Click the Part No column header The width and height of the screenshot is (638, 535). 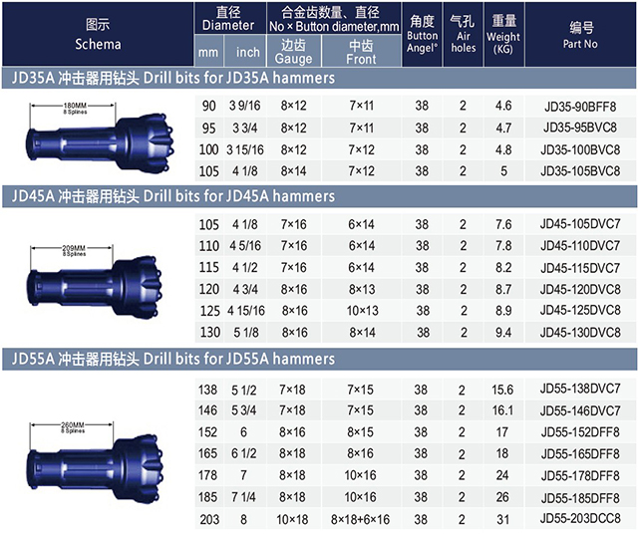[580, 35]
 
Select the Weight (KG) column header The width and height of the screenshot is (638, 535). [503, 35]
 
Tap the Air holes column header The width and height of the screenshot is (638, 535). [463, 35]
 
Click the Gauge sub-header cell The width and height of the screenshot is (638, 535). [294, 51]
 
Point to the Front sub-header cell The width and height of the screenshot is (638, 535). [361, 51]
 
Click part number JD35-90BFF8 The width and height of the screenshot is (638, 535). [580, 107]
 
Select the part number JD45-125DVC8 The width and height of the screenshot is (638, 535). [580, 311]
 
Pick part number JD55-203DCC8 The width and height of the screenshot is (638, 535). [580, 519]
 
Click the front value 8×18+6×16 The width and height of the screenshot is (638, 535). [360, 519]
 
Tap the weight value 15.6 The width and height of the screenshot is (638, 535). [502, 390]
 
